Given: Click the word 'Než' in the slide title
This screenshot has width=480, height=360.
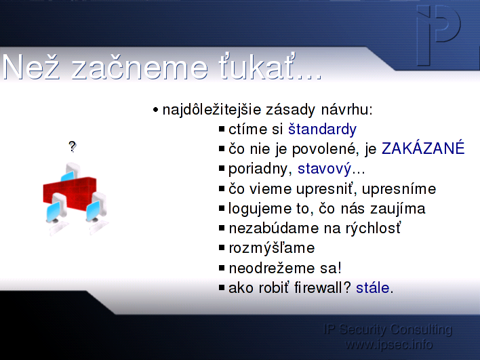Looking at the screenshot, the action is click(x=31, y=67).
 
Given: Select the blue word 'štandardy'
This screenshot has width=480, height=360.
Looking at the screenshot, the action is click(x=322, y=129).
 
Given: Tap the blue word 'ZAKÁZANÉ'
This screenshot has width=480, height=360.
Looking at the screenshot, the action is click(x=423, y=148).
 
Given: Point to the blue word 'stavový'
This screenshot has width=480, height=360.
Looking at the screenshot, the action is click(x=325, y=169).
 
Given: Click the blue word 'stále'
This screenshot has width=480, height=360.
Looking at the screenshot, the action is click(x=373, y=287).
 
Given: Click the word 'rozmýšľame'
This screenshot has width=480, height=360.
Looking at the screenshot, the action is click(x=272, y=248).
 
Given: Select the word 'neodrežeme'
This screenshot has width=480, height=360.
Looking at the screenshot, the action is click(x=272, y=268).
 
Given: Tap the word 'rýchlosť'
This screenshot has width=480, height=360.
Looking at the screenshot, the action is click(x=373, y=228).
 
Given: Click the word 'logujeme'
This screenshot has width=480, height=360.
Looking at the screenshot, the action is click(x=260, y=209).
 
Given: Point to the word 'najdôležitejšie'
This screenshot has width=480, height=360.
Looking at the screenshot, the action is click(x=212, y=110).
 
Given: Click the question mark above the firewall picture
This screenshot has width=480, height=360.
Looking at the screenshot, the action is click(x=73, y=146).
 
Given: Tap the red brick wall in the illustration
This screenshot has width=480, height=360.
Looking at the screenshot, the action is click(x=70, y=193).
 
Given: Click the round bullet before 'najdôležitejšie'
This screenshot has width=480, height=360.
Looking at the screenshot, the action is click(x=156, y=110).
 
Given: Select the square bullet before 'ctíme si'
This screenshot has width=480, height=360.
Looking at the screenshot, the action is click(x=222, y=129).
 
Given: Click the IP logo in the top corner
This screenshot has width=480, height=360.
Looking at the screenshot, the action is click(x=439, y=35).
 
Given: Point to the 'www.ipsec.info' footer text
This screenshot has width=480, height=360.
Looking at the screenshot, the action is click(x=388, y=344).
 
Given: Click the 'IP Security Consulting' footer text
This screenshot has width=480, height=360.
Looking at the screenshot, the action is click(x=388, y=329).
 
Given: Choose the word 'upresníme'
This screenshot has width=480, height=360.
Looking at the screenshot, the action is click(x=399, y=189).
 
